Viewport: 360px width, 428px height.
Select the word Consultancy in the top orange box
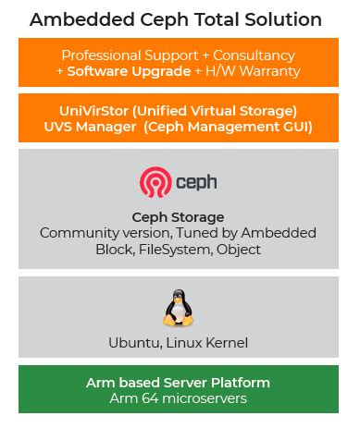pos(253,55)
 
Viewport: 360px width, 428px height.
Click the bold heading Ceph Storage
pos(179,217)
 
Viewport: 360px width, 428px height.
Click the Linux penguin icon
pos(178,308)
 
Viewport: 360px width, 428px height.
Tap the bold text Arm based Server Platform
pos(178,382)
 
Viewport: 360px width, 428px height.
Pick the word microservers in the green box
pos(207,397)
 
